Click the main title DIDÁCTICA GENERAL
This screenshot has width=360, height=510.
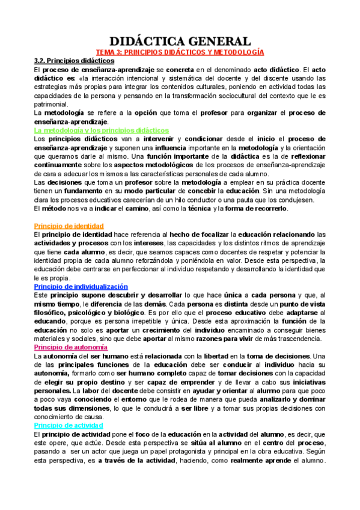pyautogui.click(x=180, y=41)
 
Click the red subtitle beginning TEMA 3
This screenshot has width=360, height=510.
pyautogui.click(x=180, y=53)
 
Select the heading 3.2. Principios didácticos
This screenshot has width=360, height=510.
pyautogui.click(x=74, y=61)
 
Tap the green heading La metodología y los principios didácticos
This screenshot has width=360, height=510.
pyautogui.click(x=102, y=129)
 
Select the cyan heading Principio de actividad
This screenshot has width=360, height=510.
pyautogui.click(x=68, y=425)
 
